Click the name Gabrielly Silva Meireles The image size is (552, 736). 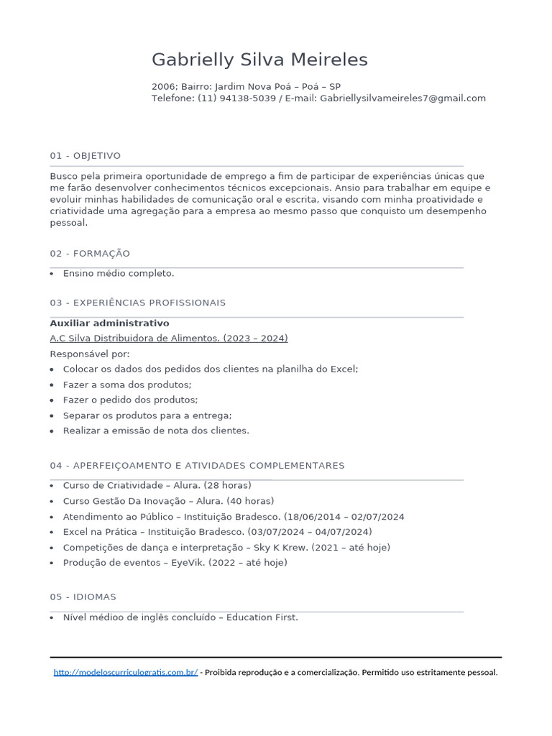pyautogui.click(x=259, y=60)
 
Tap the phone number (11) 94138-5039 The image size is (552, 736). pyautogui.click(x=236, y=98)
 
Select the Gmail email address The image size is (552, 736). pyautogui.click(x=402, y=98)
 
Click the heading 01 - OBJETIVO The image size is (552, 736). pyautogui.click(x=86, y=156)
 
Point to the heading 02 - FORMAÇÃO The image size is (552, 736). pyautogui.click(x=90, y=254)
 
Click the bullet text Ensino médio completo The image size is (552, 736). pyautogui.click(x=119, y=274)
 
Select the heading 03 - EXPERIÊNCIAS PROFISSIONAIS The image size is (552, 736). pyautogui.click(x=138, y=303)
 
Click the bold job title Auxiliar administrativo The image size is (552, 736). pyautogui.click(x=109, y=323)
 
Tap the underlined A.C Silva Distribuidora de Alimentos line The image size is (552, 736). pyautogui.click(x=169, y=339)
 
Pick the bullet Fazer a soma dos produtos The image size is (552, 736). pyautogui.click(x=127, y=385)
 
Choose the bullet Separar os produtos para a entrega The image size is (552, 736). pyautogui.click(x=147, y=415)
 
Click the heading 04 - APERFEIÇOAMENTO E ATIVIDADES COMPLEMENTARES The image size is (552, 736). pyautogui.click(x=197, y=466)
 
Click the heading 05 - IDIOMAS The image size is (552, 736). pyautogui.click(x=83, y=597)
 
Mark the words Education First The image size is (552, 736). pyautogui.click(x=262, y=617)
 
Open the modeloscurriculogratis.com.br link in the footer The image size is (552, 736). pyautogui.click(x=126, y=673)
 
